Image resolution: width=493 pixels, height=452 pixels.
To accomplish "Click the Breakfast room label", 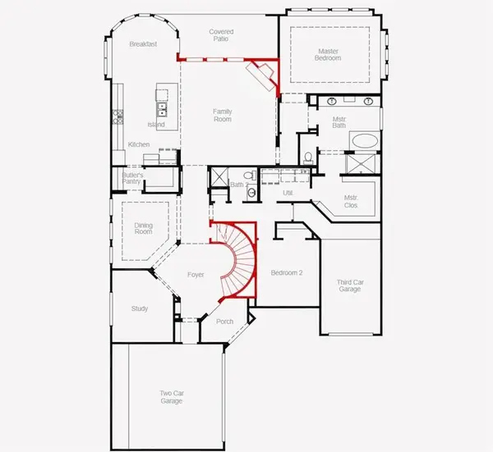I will click(143, 44).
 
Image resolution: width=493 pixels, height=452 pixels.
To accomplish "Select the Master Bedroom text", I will click(328, 55).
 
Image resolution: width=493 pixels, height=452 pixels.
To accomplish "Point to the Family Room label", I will click(222, 115).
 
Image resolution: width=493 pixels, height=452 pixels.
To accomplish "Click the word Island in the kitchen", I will click(156, 125).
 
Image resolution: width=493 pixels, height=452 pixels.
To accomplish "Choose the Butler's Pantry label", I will click(133, 178).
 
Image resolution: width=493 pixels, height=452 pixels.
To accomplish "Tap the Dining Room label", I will click(143, 228).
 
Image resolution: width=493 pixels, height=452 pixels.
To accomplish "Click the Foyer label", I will click(196, 276).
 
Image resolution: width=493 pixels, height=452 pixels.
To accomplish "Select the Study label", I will click(140, 308).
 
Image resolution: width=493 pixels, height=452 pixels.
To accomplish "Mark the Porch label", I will click(225, 322).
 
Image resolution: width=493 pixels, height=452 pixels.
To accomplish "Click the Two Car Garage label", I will click(171, 398).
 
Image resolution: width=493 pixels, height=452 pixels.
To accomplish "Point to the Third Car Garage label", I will click(351, 286).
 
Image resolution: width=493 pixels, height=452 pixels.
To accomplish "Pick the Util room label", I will click(288, 193).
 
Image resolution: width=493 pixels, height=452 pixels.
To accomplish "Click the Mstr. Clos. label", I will click(351, 202).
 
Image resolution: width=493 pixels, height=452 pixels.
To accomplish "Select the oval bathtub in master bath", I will click(361, 140).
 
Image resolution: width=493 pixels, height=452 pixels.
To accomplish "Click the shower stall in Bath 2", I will click(219, 179).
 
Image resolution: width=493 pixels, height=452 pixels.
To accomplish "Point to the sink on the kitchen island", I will click(162, 107).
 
